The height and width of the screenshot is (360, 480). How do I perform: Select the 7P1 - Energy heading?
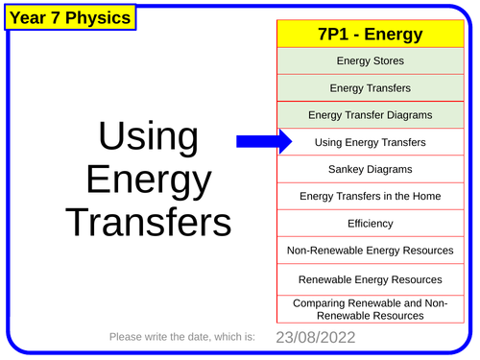(x=371, y=35)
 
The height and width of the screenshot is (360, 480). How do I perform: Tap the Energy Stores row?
(x=371, y=61)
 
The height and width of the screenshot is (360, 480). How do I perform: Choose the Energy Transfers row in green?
(x=371, y=88)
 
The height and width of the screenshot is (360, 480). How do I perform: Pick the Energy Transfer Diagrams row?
(x=371, y=115)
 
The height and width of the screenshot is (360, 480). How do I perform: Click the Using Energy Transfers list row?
(x=371, y=142)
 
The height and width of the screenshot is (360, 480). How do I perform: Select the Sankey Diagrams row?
(x=371, y=169)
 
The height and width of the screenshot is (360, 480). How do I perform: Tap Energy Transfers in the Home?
(x=371, y=196)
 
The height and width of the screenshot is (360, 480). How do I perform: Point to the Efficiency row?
(x=371, y=223)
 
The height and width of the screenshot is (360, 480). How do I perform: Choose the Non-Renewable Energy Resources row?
(x=371, y=251)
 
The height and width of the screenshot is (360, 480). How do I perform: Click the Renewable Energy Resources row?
(x=371, y=279)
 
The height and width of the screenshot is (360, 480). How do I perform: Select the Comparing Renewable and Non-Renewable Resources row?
(x=371, y=308)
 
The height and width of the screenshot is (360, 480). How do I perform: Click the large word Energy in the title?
(x=148, y=181)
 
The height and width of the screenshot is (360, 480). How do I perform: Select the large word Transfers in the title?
(x=149, y=223)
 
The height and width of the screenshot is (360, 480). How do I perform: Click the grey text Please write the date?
(x=182, y=337)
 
